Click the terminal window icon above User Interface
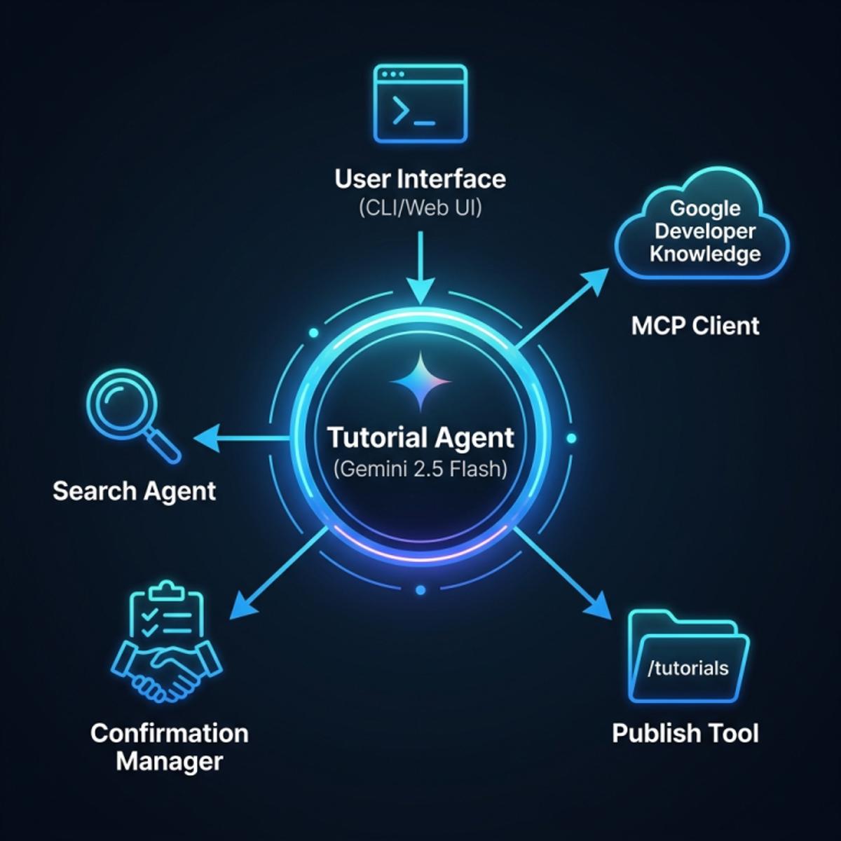(x=420, y=104)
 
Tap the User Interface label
(x=420, y=179)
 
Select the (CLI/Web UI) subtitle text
(x=420, y=208)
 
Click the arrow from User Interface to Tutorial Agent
(x=420, y=267)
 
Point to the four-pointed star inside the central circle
(x=420, y=381)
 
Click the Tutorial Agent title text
(x=420, y=438)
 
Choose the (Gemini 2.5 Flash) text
(x=420, y=470)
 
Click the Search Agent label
(x=135, y=491)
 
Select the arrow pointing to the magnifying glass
(x=242, y=438)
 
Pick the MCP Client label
(x=695, y=326)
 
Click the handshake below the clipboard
(x=167, y=671)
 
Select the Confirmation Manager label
(x=170, y=747)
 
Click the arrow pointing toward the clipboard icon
(x=278, y=573)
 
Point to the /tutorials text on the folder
(x=688, y=668)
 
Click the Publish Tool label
(x=685, y=733)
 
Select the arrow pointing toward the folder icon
(x=563, y=573)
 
